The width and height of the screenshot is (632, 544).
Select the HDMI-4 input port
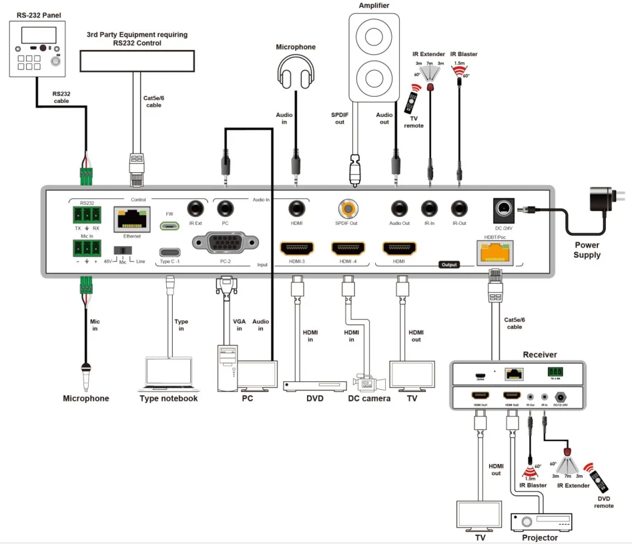(x=348, y=249)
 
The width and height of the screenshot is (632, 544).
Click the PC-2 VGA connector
(x=224, y=242)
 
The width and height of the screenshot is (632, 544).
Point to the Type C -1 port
(x=170, y=252)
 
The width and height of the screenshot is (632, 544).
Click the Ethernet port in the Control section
(x=131, y=219)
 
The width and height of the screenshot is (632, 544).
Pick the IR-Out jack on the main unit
(x=458, y=209)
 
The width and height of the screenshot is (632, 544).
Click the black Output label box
(x=449, y=265)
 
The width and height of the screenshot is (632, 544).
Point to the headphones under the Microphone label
(x=295, y=69)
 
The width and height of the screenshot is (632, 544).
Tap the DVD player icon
(x=314, y=385)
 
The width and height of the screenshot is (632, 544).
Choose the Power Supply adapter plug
(x=605, y=200)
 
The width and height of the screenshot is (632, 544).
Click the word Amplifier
(x=374, y=6)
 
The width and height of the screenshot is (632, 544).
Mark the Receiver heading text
(x=540, y=354)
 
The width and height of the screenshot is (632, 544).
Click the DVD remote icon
(x=599, y=479)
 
